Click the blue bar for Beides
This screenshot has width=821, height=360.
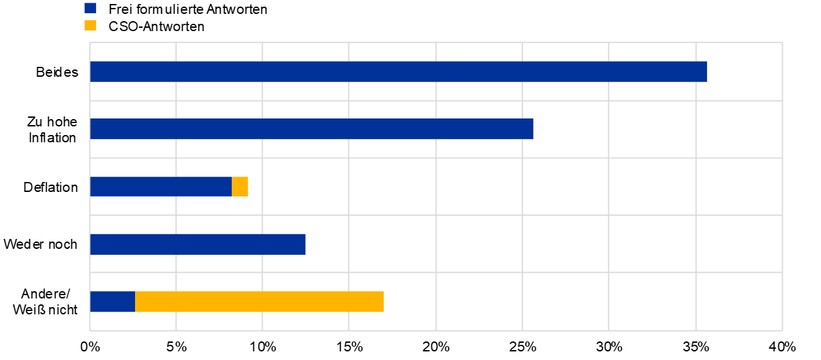(x=399, y=71)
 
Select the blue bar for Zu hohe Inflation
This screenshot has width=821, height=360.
(x=312, y=128)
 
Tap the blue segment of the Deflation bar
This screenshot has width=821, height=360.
(x=161, y=187)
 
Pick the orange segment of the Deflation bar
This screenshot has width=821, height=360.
(x=240, y=187)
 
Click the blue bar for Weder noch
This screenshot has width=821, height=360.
(x=197, y=244)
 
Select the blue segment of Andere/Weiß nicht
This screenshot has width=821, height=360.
(x=113, y=301)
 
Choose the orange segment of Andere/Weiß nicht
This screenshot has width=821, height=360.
(x=259, y=301)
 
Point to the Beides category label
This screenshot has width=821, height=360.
(x=57, y=72)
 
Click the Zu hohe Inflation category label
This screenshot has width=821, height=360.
(x=52, y=130)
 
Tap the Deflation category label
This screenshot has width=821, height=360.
(x=50, y=187)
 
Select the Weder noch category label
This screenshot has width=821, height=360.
(x=40, y=244)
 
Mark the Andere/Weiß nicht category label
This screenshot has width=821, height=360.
(x=45, y=302)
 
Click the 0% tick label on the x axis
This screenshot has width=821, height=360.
(x=90, y=347)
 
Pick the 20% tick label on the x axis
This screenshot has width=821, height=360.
(x=436, y=347)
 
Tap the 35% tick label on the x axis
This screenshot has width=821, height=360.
(x=696, y=347)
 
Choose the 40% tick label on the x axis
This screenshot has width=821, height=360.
(x=782, y=347)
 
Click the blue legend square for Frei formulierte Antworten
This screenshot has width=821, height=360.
(x=90, y=8)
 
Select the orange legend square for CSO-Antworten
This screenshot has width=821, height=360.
(x=90, y=25)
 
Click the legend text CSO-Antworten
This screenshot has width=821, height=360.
(x=156, y=26)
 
